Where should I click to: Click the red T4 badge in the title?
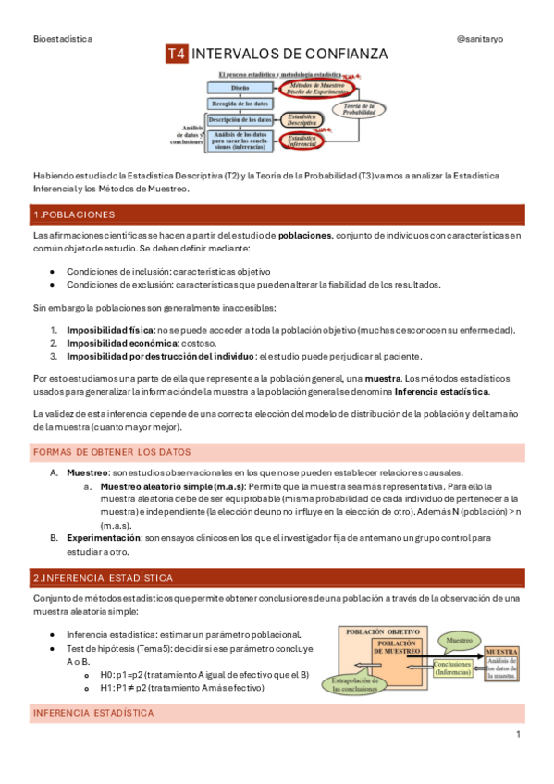(x=177, y=55)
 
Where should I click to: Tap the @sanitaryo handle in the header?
(x=490, y=37)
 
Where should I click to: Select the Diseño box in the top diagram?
(x=240, y=87)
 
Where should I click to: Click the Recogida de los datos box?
(x=240, y=104)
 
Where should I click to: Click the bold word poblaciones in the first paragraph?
(x=304, y=236)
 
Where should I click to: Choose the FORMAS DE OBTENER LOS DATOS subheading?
(x=112, y=452)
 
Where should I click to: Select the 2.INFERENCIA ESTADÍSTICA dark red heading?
(x=102, y=578)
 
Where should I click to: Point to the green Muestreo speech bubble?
(x=459, y=639)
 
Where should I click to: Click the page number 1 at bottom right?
(x=518, y=734)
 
